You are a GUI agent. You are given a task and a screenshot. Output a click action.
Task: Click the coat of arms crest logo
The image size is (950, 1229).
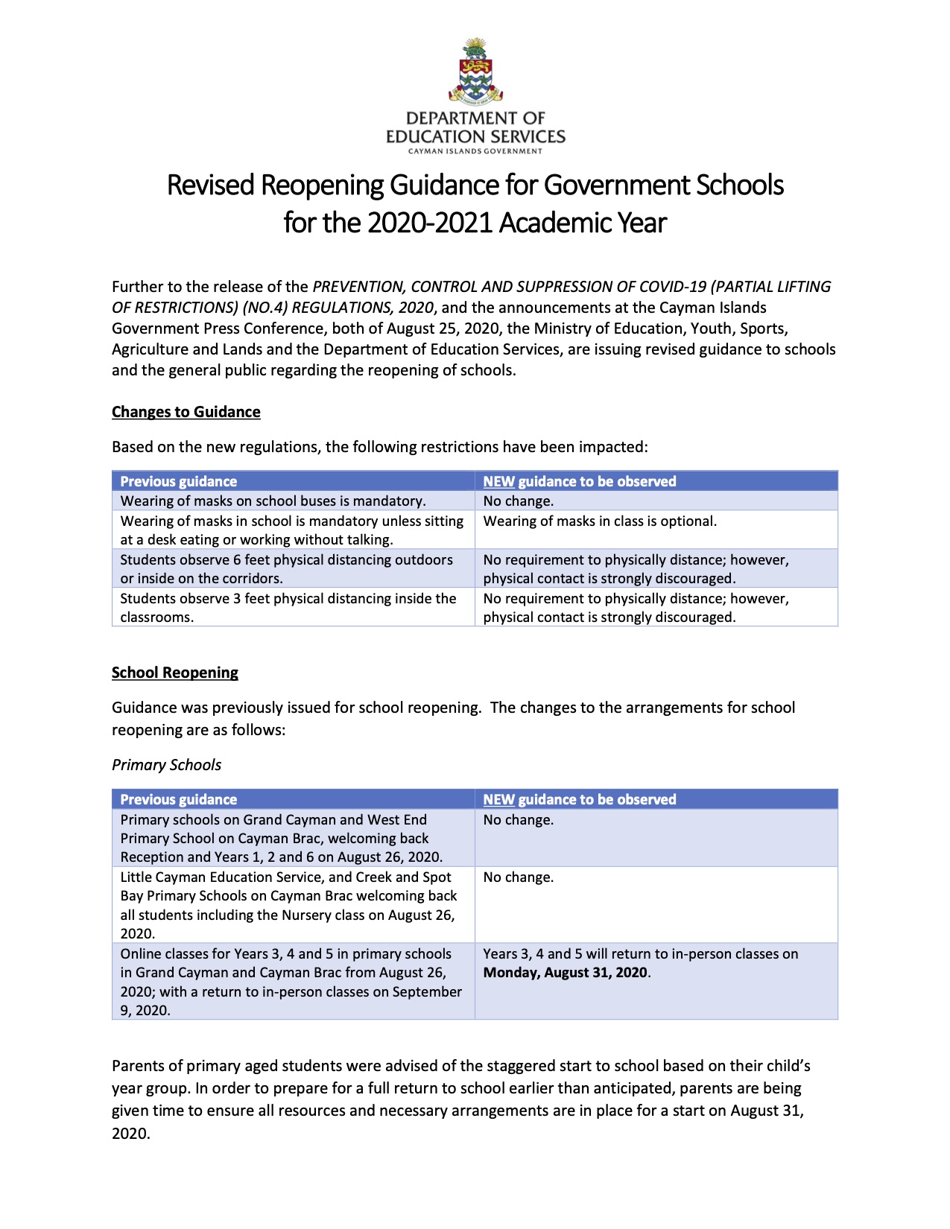coord(475,71)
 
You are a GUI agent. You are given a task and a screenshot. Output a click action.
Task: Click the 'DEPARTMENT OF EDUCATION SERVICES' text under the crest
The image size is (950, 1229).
coord(475,127)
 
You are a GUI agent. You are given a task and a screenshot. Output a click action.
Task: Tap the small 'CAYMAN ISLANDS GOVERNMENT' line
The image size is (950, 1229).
coord(475,151)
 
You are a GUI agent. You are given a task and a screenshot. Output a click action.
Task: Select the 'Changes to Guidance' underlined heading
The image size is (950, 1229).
coord(186,412)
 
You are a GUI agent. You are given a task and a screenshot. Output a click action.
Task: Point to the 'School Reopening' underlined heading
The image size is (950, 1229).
coord(174,673)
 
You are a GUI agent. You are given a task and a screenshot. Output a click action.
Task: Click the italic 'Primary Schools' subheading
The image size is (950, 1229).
coord(166,765)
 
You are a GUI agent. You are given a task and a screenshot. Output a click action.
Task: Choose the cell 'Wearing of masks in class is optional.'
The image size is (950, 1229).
coord(600,521)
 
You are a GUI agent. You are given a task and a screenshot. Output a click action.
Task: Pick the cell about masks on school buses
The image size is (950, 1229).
coord(273,501)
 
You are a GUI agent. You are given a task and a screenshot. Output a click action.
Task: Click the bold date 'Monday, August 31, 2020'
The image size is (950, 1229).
coord(566,973)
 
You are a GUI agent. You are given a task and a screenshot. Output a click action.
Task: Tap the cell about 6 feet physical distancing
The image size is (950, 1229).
coord(286,569)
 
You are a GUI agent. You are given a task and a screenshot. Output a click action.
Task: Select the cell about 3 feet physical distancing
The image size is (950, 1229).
coord(288,608)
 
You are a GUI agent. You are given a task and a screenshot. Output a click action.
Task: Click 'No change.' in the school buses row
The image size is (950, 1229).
coord(518,501)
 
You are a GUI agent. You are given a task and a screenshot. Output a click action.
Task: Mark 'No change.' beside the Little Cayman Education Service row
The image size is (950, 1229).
coord(518,877)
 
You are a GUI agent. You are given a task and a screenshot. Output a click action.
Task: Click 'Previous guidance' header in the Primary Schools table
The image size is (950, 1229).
coord(178,799)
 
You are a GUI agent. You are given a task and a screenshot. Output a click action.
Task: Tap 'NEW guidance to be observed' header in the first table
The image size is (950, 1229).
coord(579,481)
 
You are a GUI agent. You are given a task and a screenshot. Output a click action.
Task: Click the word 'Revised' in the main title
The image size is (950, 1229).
coord(211,185)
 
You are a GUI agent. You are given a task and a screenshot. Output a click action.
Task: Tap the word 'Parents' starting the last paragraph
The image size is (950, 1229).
coord(138,1066)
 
